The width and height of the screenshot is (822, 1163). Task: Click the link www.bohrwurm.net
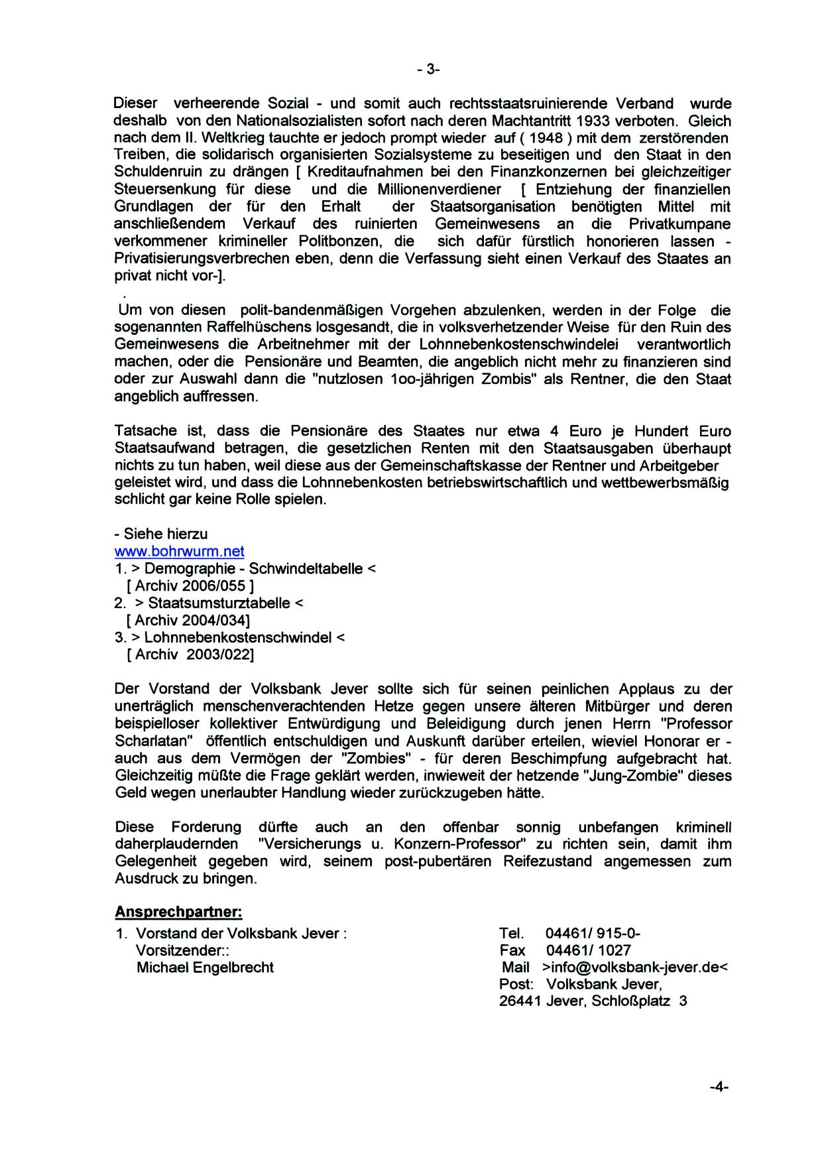click(180, 551)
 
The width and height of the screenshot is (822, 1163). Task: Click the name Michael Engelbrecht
click(205, 967)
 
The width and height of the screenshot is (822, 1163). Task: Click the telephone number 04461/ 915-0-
click(593, 934)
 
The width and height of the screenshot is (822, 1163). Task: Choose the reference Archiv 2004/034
click(188, 620)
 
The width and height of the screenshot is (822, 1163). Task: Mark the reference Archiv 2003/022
click(190, 654)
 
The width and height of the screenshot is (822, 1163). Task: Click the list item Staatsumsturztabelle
click(219, 603)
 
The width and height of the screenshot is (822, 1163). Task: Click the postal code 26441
click(520, 1001)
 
